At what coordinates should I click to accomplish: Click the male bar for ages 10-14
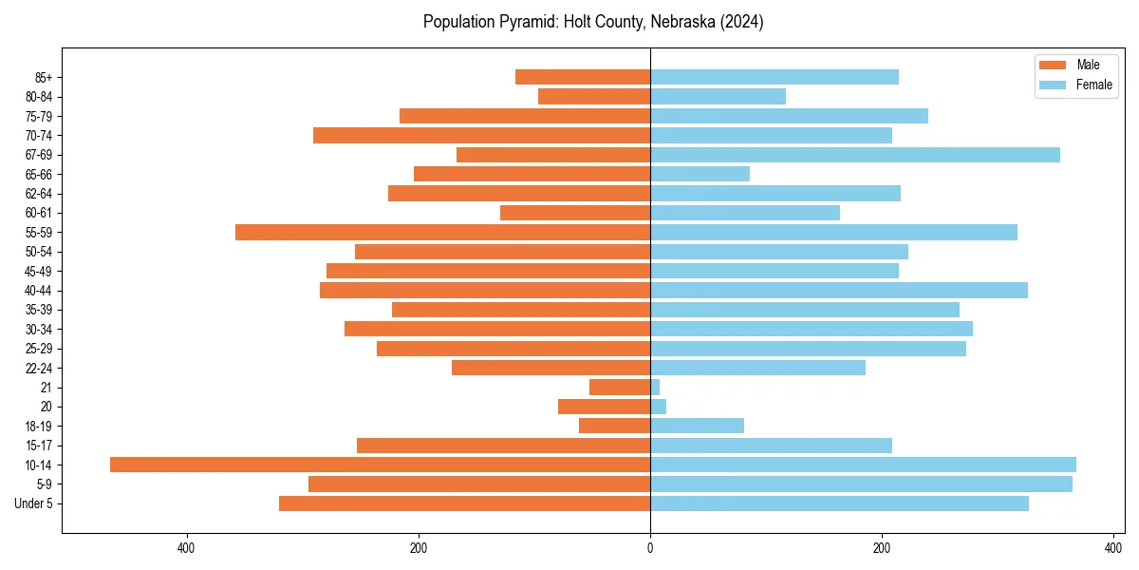380,465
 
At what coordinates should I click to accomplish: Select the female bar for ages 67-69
854,155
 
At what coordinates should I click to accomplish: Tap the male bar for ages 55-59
442,232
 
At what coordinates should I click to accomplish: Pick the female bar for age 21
655,387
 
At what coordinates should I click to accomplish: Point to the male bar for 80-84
594,96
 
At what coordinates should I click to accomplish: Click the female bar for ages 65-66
700,174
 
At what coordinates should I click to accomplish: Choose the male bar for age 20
604,407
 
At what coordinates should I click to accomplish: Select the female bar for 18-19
697,426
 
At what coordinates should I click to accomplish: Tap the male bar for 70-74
481,135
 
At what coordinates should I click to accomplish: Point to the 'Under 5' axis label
34,503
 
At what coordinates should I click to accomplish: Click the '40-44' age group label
39,291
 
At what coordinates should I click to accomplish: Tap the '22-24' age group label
39,368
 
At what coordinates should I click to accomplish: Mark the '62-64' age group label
39,194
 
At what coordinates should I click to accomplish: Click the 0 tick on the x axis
650,548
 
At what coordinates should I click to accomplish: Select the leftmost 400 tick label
186,548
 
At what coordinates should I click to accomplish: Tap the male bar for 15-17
503,446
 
